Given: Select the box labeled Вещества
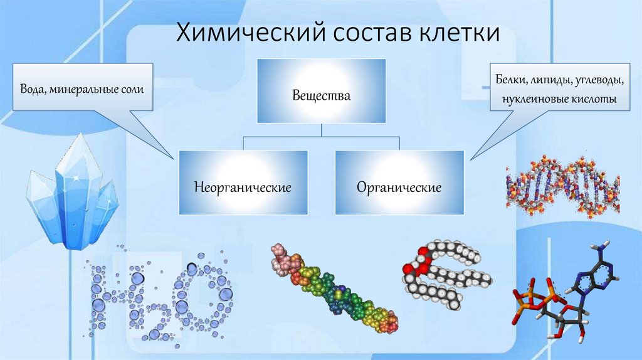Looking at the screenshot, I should coord(321,92).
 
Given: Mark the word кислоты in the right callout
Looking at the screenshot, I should coord(592,99).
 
